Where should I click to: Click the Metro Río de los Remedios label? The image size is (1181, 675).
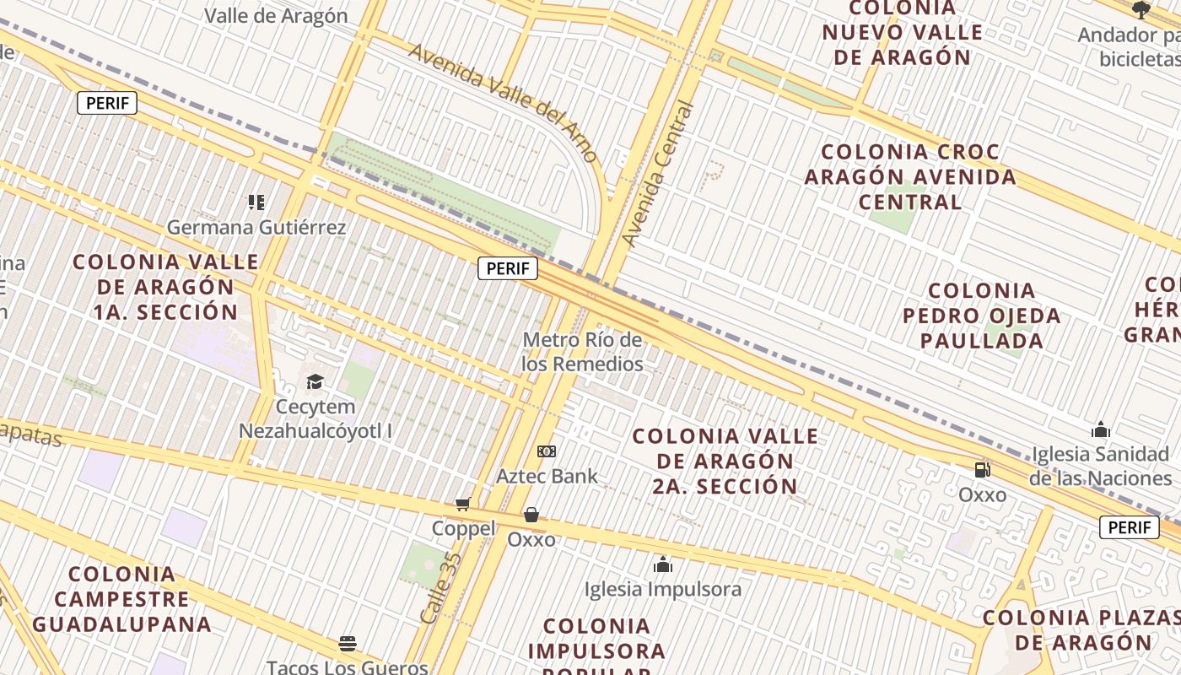tap(582, 352)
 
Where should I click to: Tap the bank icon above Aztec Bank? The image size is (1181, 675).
tap(547, 451)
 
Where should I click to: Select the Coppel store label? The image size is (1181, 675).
tap(463, 528)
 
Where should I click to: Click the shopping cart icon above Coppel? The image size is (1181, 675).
tap(462, 505)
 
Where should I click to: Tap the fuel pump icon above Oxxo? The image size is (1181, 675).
tap(982, 470)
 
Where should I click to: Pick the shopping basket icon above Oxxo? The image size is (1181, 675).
tap(531, 515)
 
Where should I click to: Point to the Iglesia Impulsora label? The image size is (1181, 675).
tap(663, 589)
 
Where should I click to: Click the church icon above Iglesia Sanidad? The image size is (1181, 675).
tap(1100, 430)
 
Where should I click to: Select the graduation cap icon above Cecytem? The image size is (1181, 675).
tap(315, 382)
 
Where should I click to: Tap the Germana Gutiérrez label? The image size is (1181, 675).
tap(256, 228)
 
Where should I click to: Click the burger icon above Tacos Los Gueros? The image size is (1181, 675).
tap(348, 644)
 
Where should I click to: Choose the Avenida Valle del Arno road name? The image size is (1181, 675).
tap(504, 102)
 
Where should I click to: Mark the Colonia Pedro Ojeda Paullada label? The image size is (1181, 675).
tap(982, 316)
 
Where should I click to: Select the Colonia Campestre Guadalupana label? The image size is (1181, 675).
tap(122, 599)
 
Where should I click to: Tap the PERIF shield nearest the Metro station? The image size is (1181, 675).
tap(508, 268)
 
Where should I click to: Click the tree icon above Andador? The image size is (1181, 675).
tap(1141, 10)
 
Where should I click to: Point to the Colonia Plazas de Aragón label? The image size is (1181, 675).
tap(1082, 629)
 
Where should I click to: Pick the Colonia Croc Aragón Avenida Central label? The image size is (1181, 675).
tap(910, 177)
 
